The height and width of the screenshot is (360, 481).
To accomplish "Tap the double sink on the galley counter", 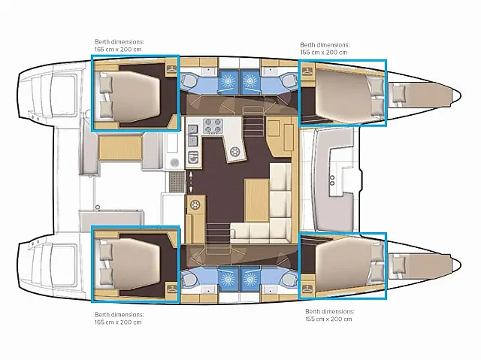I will coord(192,134).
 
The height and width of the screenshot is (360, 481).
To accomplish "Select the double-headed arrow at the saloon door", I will coord(191,181).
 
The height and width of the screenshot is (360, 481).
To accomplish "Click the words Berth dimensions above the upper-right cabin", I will coord(322,44).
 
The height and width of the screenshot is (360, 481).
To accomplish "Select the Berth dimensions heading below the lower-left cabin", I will coord(116,313).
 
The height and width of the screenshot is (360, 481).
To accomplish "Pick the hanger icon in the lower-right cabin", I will coord(307,287).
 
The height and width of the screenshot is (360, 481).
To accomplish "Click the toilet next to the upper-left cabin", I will coord(189,80).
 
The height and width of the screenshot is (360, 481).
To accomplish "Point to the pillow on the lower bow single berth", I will coord(399,263).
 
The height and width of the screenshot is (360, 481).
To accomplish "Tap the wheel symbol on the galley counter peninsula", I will coord(234,153).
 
